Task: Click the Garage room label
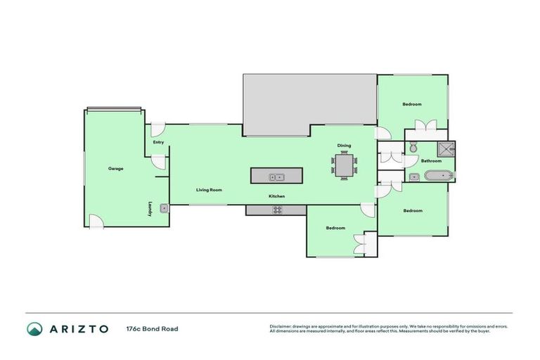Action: pyautogui.click(x=116, y=169)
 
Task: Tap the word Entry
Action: pyautogui.click(x=158, y=143)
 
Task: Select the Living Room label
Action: pyautogui.click(x=209, y=190)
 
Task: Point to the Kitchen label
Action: pyautogui.click(x=276, y=196)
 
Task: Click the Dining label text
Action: pyautogui.click(x=344, y=146)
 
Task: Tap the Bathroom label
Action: pyautogui.click(x=431, y=161)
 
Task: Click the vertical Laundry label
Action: pyautogui.click(x=150, y=209)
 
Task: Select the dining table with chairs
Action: pyautogui.click(x=345, y=167)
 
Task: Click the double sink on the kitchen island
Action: pyautogui.click(x=276, y=176)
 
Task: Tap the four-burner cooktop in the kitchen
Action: pyautogui.click(x=277, y=210)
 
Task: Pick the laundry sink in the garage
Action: pyautogui.click(x=164, y=208)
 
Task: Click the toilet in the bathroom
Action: pyautogui.click(x=413, y=148)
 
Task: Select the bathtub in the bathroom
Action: pyautogui.click(x=439, y=175)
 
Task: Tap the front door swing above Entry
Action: pyautogui.click(x=158, y=129)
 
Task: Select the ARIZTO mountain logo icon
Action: pyautogui.click(x=34, y=328)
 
